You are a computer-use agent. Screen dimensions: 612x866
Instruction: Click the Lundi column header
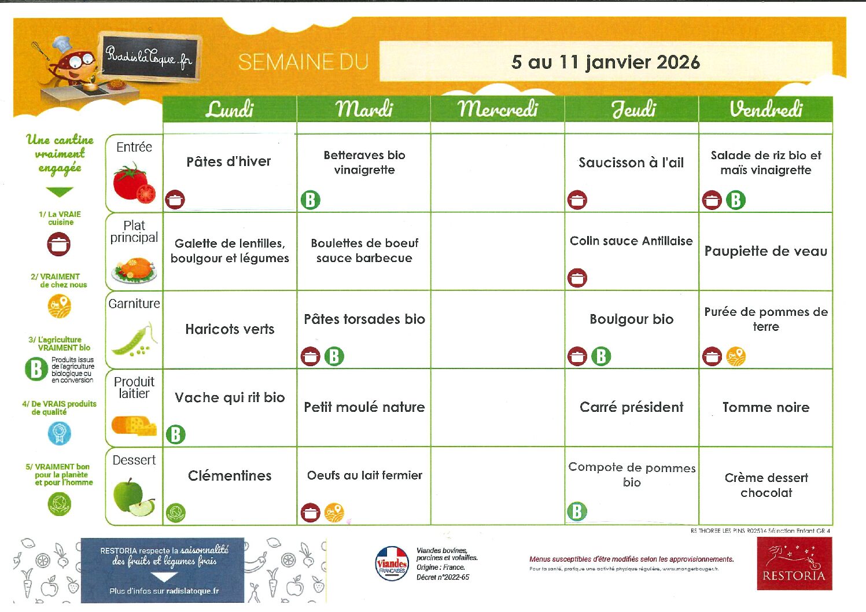tap(230, 109)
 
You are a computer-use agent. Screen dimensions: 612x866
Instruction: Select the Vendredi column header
tap(765, 109)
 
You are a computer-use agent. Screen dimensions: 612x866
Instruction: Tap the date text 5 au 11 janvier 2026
tap(605, 62)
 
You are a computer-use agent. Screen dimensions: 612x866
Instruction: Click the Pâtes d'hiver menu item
tap(229, 162)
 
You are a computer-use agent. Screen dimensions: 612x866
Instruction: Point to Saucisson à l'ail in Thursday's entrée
tap(631, 163)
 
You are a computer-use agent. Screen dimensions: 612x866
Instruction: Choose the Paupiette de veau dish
tap(765, 251)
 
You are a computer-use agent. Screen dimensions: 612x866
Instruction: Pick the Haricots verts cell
tap(230, 329)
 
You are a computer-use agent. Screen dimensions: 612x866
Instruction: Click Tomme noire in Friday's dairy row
tap(765, 407)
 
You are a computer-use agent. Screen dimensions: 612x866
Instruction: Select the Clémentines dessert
tap(230, 475)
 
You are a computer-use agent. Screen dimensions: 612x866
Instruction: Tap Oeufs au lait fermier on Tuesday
tap(364, 475)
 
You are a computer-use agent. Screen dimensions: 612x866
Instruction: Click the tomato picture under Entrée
tap(135, 183)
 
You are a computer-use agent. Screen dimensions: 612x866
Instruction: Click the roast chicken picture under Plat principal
tap(134, 270)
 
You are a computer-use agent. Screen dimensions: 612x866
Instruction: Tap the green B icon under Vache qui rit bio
tap(175, 434)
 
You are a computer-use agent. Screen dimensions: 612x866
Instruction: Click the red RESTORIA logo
tap(794, 563)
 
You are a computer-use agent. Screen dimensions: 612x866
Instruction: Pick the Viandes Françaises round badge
tap(392, 563)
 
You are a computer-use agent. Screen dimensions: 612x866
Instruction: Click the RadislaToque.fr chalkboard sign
tap(149, 57)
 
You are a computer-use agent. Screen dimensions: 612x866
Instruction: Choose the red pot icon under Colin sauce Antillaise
tap(577, 278)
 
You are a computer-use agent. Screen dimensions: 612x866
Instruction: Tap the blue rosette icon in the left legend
tap(59, 433)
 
